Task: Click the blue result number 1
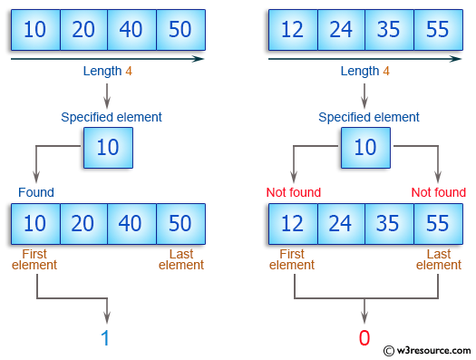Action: [x=108, y=338]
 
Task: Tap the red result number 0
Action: [x=364, y=338]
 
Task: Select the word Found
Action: [x=36, y=192]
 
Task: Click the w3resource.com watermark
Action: [x=428, y=350]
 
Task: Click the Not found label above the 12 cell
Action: [x=293, y=192]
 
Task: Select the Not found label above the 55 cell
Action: [x=439, y=192]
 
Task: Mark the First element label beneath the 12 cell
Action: [x=292, y=259]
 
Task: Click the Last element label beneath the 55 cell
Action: [x=439, y=259]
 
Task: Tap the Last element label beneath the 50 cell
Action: [x=181, y=259]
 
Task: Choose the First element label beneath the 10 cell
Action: [x=34, y=259]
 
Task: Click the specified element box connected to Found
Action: [x=108, y=147]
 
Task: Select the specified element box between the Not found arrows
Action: [x=364, y=147]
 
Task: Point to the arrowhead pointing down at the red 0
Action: [x=364, y=317]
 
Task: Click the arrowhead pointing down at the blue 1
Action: [x=108, y=317]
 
